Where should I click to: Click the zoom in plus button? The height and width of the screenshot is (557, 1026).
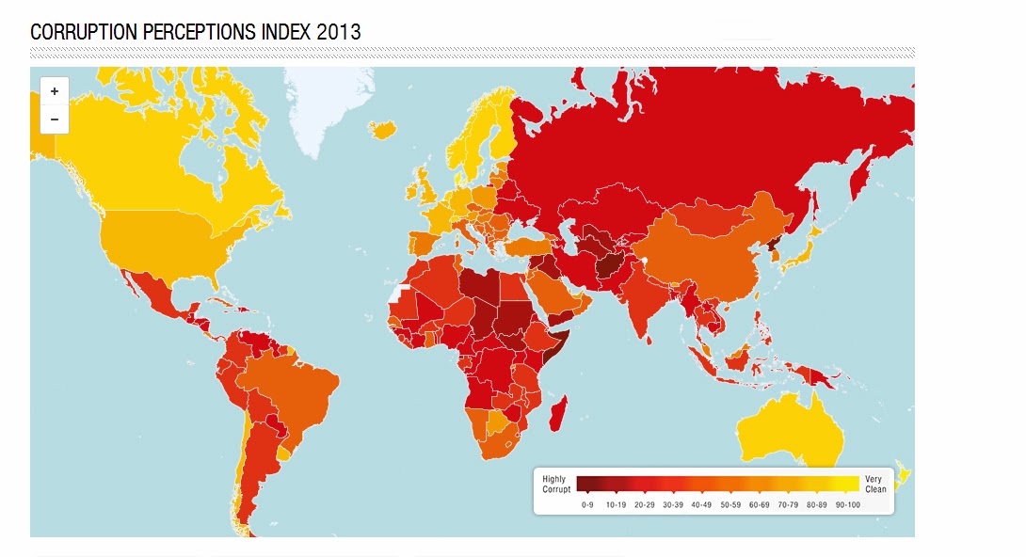coord(55,91)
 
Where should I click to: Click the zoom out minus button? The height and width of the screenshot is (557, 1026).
coord(55,119)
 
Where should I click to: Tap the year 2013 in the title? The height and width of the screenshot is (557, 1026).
coord(338,32)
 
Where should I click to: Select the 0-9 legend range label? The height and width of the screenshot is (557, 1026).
coord(586,505)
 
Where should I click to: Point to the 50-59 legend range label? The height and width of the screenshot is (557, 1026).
coord(731,505)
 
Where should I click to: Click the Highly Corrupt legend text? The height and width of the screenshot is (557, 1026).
coord(556,484)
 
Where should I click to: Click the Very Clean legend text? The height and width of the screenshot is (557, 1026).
coord(874,484)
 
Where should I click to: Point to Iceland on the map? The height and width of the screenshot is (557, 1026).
coord(384,127)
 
